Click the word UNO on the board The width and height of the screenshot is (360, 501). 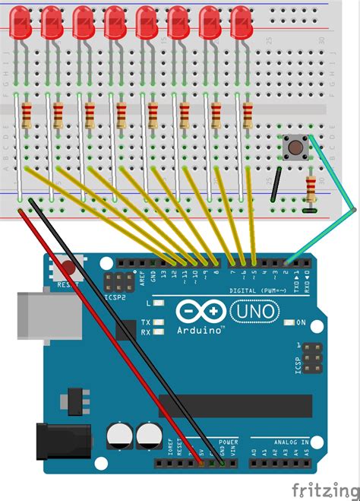[251, 312]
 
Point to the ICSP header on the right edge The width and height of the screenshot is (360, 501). [309, 357]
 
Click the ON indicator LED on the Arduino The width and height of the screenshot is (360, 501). [289, 322]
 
